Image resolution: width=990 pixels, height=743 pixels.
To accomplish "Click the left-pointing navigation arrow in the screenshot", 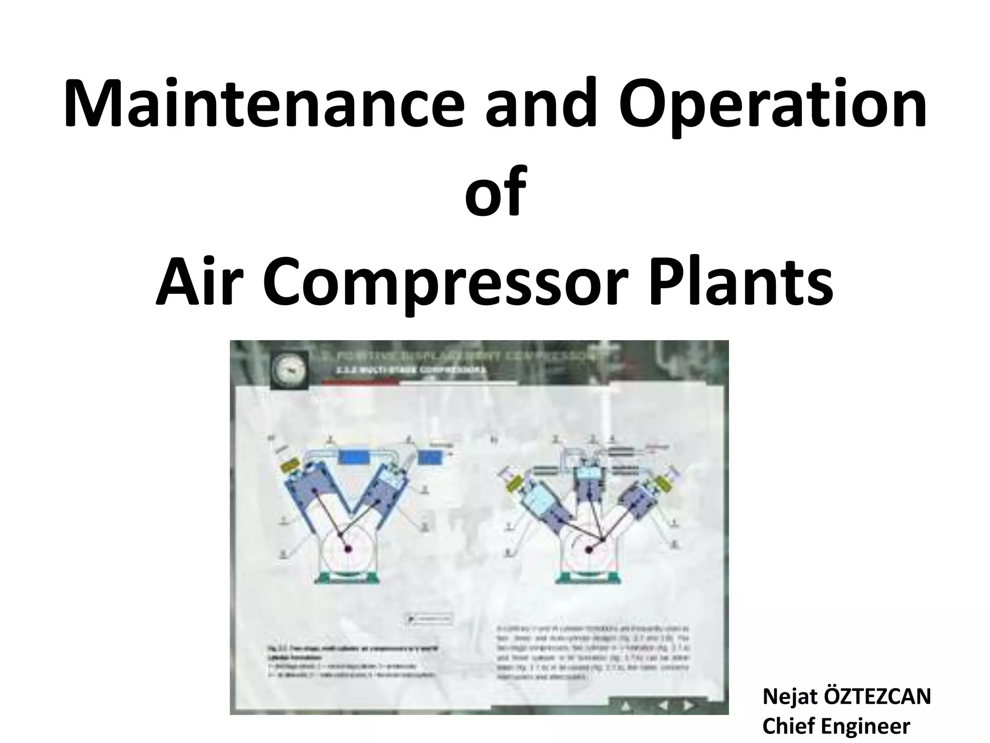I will (663, 706).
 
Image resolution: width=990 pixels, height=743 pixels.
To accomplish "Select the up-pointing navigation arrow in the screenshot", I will (627, 707).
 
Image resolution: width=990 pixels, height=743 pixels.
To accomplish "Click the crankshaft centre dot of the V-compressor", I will (347, 548).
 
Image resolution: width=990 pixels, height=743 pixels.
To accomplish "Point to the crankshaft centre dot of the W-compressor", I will (589, 549).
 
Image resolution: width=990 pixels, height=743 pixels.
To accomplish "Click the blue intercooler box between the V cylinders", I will (355, 457).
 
